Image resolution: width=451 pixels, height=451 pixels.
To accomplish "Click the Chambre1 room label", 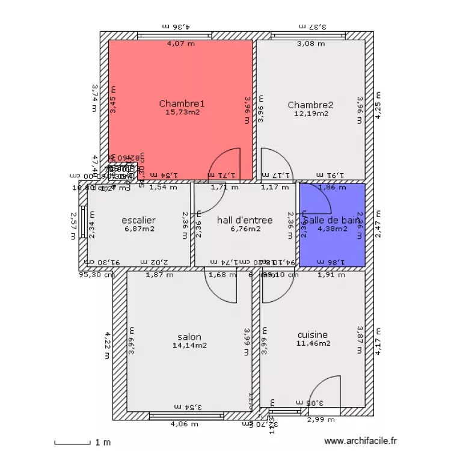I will point(182,103).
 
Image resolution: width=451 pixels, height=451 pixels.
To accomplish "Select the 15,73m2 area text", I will point(182,112).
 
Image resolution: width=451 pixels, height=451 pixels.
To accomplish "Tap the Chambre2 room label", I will point(310,105).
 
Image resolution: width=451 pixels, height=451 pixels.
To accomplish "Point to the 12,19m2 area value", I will point(311,113).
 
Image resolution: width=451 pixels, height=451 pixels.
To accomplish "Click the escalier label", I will point(138,220).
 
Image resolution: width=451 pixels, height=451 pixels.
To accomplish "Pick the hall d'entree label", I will point(245,220).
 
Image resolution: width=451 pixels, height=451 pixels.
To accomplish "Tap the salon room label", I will point(189,337).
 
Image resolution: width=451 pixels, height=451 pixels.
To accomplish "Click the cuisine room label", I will point(313,335).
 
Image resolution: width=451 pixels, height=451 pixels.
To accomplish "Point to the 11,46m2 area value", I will point(313,344).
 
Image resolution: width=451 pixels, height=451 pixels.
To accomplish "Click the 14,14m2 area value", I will point(189,345).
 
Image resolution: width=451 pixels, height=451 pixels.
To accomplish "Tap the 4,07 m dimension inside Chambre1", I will point(180,43).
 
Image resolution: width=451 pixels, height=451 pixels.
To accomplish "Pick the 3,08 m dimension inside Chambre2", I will point(311,43).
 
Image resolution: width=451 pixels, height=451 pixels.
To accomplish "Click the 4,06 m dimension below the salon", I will point(183,425).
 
